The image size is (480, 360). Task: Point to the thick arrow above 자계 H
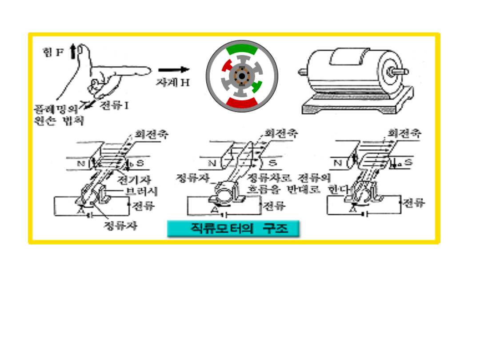point(174,69)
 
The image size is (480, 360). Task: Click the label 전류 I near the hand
point(113,105)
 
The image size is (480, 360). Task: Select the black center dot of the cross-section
point(242,77)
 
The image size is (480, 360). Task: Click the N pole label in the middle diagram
point(212,163)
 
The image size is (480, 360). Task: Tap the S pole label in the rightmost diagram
point(408,163)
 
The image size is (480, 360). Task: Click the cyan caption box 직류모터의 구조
point(233,229)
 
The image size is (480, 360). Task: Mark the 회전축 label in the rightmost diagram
point(404,133)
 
